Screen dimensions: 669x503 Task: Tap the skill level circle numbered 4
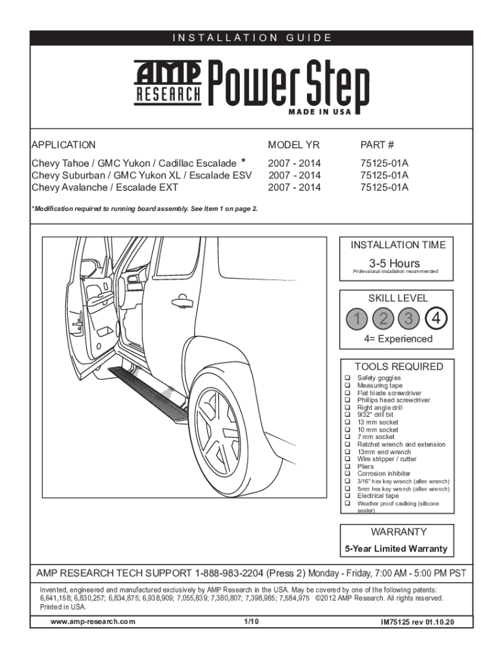[x=435, y=319]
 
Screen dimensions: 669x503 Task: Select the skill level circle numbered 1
[x=357, y=319]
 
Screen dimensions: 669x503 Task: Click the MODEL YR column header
[x=294, y=145]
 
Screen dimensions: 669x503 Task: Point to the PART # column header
[x=377, y=145]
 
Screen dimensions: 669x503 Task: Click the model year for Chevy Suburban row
[x=294, y=175]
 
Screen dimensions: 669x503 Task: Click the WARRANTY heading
[x=398, y=532]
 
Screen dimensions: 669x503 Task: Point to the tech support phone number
[x=229, y=574]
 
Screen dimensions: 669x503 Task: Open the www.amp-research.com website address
[x=93, y=621]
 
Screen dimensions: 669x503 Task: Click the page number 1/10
[x=252, y=621]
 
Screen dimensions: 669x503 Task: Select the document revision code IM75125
[x=417, y=622]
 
